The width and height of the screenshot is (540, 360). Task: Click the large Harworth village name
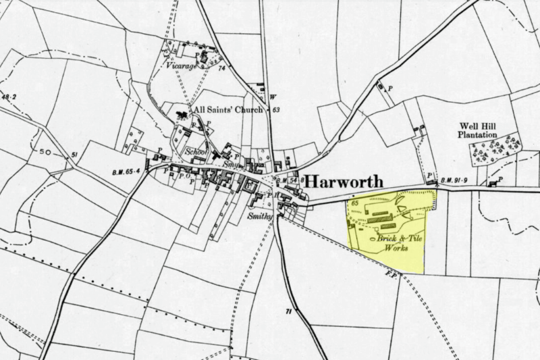[343, 182]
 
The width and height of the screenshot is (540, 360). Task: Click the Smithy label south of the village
[260, 216]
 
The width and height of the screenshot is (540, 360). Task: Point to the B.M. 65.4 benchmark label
[126, 173]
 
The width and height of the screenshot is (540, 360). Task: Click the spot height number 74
[220, 68]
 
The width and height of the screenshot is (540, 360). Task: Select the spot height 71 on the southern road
[288, 311]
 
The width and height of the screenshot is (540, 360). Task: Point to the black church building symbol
[182, 115]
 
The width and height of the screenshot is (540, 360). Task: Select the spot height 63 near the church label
[275, 109]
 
